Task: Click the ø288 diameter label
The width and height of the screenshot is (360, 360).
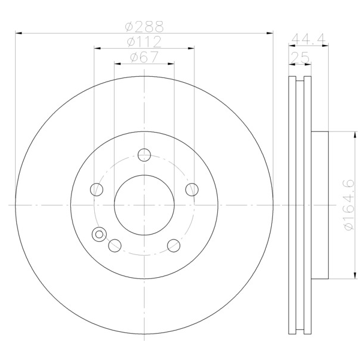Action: tap(145, 26)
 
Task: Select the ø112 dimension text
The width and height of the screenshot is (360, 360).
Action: tap(145, 42)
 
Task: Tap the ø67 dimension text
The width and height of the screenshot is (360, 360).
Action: tap(145, 57)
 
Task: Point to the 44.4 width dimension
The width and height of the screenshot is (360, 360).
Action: tap(308, 38)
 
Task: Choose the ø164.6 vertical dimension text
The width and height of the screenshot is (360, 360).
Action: tap(349, 205)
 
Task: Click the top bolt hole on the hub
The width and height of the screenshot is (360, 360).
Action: tap(144, 155)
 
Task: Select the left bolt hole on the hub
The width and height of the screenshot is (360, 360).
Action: tap(97, 190)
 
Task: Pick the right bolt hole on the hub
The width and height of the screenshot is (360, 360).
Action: tap(192, 190)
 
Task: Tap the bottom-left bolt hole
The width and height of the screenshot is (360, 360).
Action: tap(115, 245)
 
